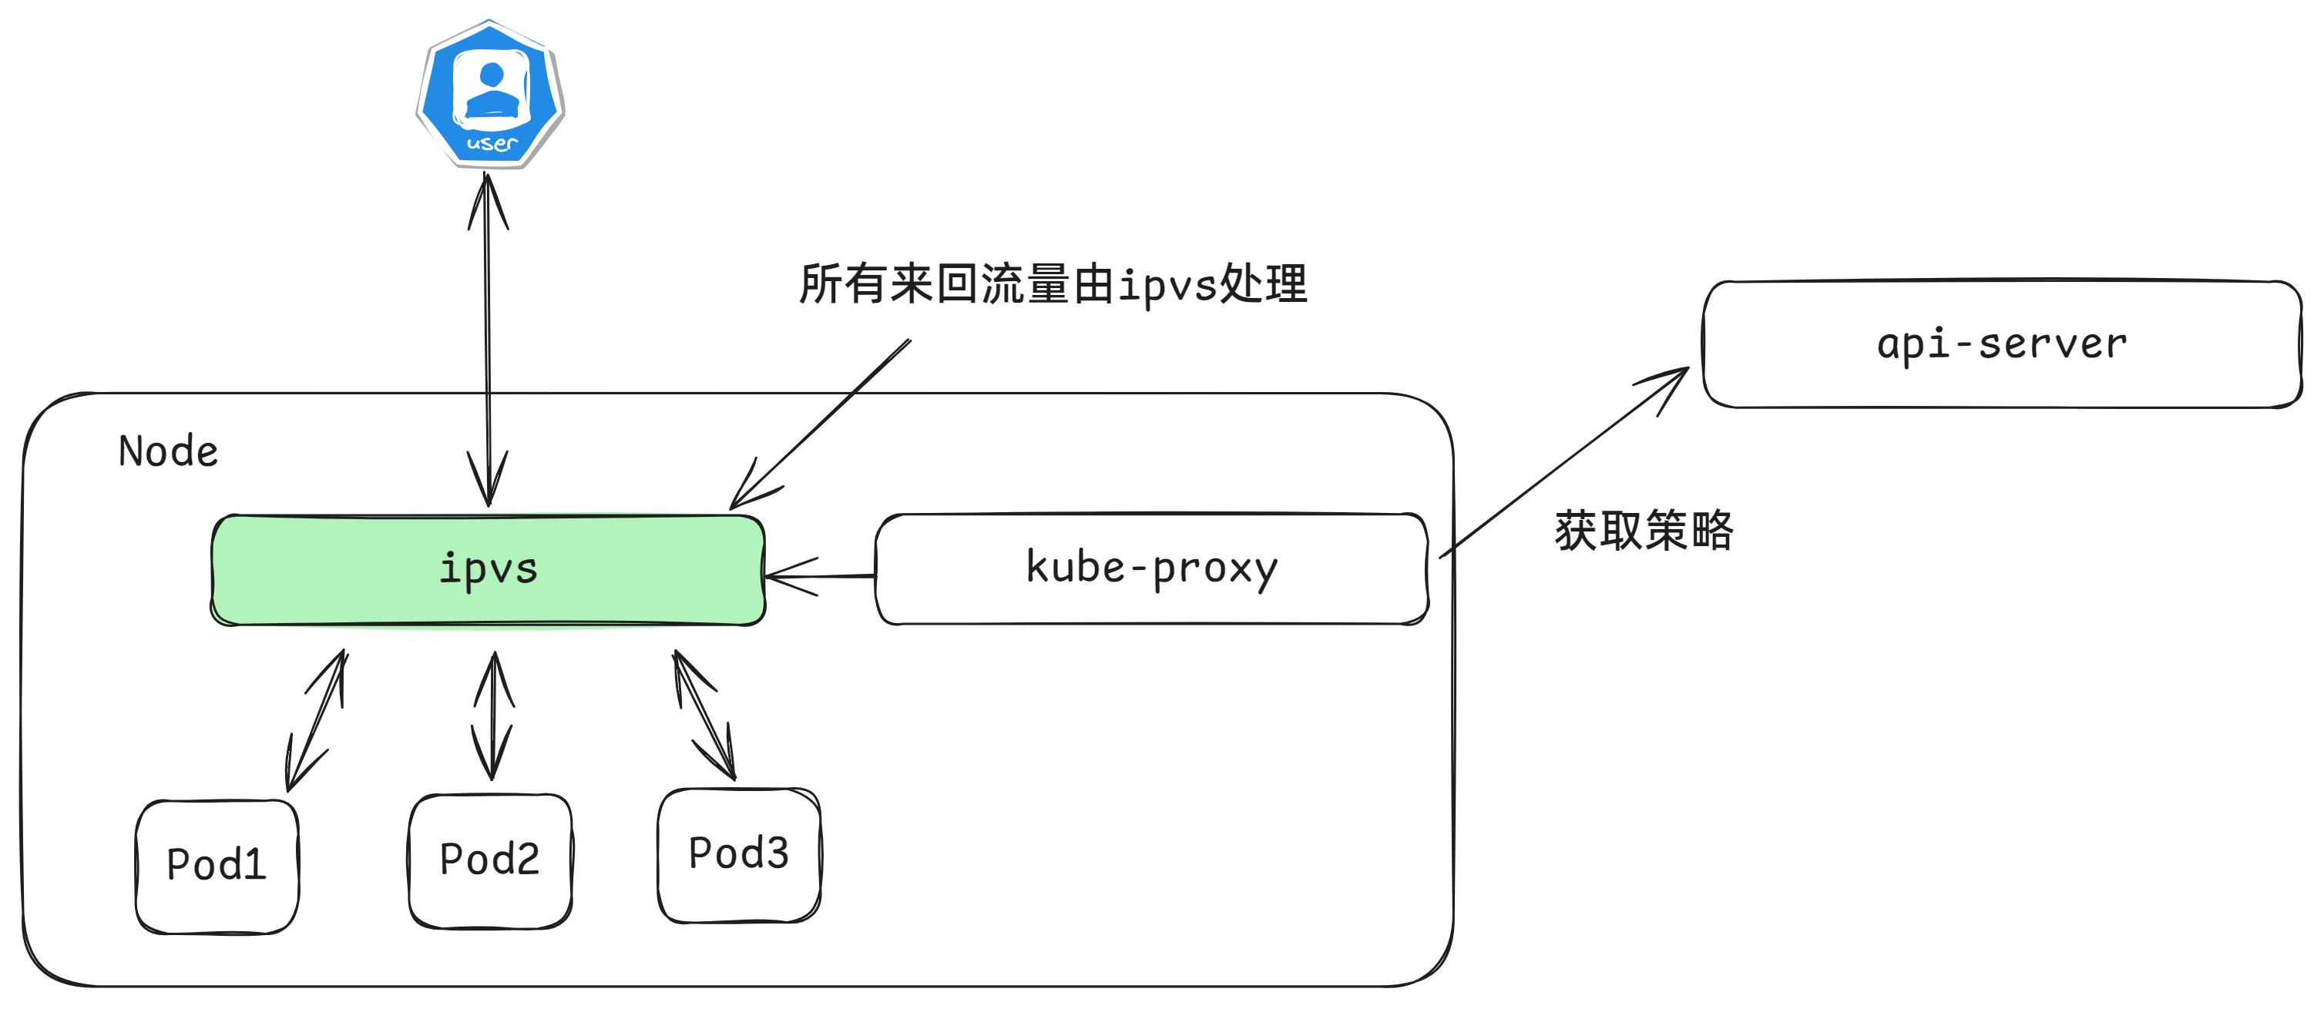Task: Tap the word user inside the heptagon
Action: pos(492,143)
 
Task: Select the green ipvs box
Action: pos(488,569)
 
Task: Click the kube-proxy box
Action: pos(1151,568)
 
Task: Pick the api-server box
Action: pos(2001,344)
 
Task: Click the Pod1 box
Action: pos(217,865)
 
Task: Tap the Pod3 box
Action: pos(739,854)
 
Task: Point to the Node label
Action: pos(169,451)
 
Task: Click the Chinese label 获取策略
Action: pos(1643,530)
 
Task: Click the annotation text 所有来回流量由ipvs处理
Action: pos(1052,285)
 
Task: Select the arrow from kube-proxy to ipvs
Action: pos(819,575)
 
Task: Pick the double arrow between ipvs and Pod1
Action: pos(316,722)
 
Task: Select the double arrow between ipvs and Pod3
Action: pos(704,715)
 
